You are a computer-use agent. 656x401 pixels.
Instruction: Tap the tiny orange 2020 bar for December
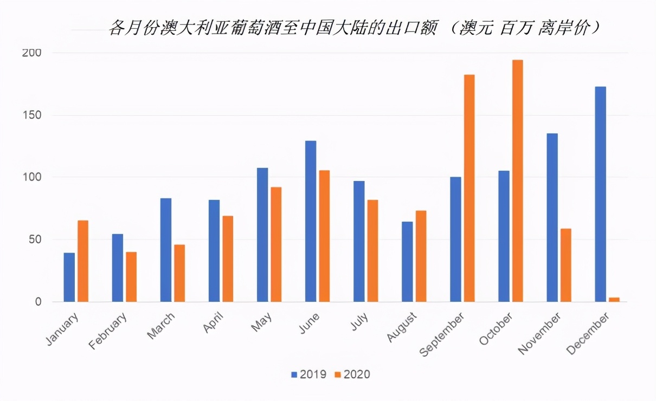tap(614, 299)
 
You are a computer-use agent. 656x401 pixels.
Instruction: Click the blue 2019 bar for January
tap(69, 277)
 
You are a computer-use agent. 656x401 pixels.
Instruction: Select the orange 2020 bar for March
tap(179, 273)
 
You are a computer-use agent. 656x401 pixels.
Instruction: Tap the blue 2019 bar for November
tap(552, 217)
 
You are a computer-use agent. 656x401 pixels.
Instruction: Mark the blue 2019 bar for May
tap(262, 235)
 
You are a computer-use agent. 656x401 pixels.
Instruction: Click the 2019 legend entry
tap(308, 374)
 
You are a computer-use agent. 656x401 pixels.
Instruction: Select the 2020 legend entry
tap(352, 374)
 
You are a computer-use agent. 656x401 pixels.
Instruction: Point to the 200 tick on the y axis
tap(31, 53)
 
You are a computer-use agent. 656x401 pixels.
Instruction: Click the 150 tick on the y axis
tap(31, 115)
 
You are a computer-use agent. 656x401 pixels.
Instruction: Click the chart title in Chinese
tap(355, 28)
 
